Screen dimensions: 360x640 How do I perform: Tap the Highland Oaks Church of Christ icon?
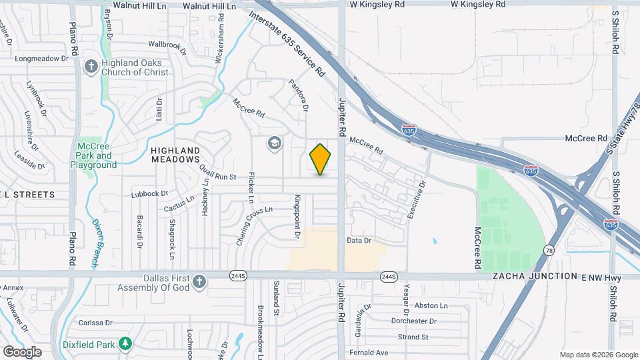(x=91, y=66)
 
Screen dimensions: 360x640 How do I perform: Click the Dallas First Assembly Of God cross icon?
(x=198, y=282)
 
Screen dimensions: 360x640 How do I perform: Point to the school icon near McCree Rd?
(x=274, y=143)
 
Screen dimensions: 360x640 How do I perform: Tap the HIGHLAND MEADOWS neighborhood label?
(x=175, y=155)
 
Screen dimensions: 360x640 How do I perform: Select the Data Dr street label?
(x=359, y=240)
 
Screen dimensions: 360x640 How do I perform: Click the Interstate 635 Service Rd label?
(x=287, y=41)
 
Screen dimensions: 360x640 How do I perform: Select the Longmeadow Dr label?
(x=42, y=58)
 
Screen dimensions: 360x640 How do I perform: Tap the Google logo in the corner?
(x=22, y=351)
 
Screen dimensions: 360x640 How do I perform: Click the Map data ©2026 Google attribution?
(x=598, y=355)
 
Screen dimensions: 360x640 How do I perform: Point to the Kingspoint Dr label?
(x=297, y=217)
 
